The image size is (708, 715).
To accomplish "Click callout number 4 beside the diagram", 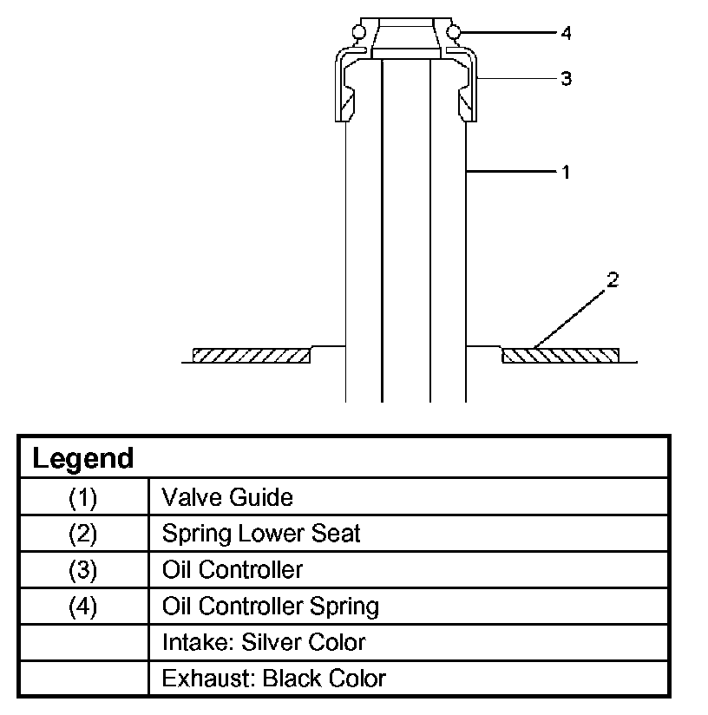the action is pos(566,33).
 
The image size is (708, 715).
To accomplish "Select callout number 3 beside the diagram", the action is pos(566,79).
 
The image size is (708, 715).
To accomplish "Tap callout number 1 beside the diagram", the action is pos(566,172).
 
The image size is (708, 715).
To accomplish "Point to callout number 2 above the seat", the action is pos(612,280).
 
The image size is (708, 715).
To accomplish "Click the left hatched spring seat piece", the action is pos(251,355).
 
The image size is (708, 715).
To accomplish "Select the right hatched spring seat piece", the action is pos(560,355).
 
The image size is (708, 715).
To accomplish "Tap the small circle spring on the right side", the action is pos(454,33).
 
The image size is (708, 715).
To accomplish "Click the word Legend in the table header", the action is pos(83,458).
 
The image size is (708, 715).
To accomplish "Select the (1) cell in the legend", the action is pos(83,497).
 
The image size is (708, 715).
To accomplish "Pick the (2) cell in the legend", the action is pos(83,534).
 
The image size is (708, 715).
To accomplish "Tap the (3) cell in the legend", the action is pos(83,570).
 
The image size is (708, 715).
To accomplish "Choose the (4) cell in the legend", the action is pos(83,606).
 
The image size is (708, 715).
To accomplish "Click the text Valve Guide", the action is pos(227,497).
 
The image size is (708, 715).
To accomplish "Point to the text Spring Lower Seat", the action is pos(261,534).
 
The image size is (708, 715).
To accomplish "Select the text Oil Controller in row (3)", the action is pos(233,570).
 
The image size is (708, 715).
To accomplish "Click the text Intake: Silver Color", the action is pos(264,642).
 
